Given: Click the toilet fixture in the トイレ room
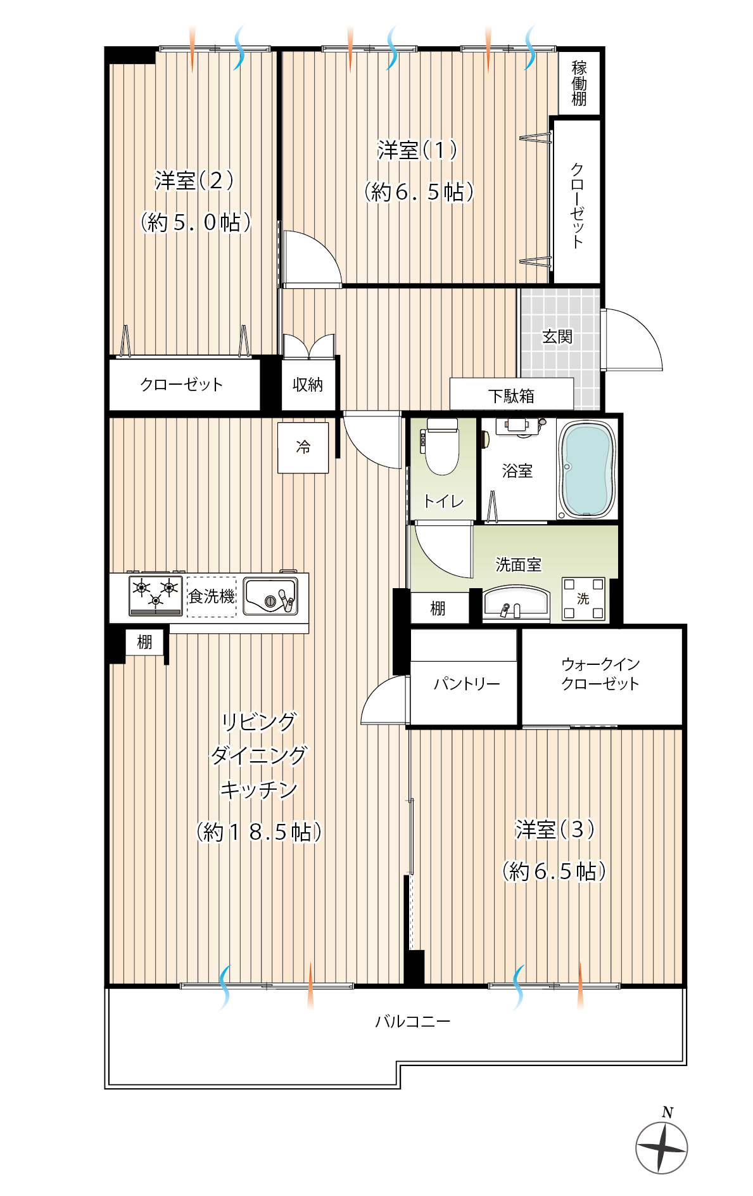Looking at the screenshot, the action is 441,447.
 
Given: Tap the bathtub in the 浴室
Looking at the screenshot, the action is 587,470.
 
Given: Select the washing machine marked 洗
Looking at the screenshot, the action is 583,598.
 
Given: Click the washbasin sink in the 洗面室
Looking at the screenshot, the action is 516,602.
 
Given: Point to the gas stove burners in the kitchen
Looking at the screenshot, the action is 156,595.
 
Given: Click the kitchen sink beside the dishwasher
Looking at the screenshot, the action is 270,596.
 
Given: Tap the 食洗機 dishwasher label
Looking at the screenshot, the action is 212,596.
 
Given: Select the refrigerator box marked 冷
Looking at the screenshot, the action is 303,447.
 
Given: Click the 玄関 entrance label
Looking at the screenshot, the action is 557,337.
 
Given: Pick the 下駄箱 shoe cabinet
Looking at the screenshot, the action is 512,394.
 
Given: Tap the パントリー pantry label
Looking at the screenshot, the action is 467,684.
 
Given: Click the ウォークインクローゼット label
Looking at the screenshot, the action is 600,674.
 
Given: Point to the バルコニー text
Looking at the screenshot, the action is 413,1021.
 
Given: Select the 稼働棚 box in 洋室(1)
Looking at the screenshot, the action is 579,82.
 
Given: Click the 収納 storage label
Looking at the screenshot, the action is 308,385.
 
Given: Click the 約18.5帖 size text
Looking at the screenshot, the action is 259,832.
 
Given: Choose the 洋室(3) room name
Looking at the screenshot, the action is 555,829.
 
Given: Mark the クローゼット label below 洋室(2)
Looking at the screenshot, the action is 182,385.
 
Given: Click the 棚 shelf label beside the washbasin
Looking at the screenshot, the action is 438,608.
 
